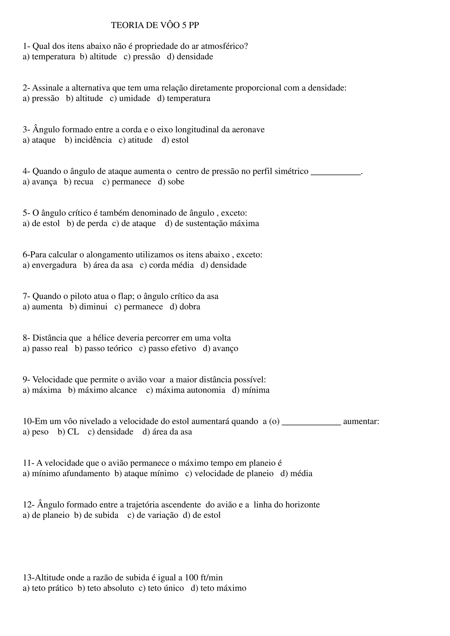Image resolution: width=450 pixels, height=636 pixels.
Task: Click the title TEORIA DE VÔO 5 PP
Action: (x=155, y=25)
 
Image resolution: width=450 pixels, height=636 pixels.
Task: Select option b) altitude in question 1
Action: (x=98, y=57)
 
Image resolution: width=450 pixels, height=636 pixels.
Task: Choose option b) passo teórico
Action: (x=103, y=349)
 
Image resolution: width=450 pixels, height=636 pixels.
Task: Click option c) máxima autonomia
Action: (x=185, y=390)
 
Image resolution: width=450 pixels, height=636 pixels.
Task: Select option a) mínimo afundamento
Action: (x=66, y=474)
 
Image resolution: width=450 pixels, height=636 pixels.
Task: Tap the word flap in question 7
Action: (x=126, y=296)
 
